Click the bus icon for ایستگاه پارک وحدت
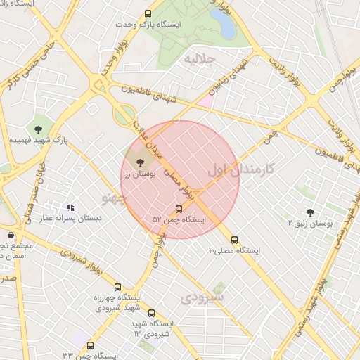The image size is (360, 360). pyautogui.click(x=148, y=14)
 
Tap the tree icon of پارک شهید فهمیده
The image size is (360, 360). pyautogui.click(x=37, y=128)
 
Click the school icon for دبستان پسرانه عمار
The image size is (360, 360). pyautogui.click(x=70, y=207)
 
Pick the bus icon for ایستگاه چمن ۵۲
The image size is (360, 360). pyautogui.click(x=179, y=209)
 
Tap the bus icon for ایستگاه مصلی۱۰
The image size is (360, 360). pyautogui.click(x=234, y=239)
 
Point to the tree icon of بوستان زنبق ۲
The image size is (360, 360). pyautogui.click(x=310, y=212)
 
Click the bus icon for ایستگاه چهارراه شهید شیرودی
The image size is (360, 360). pyautogui.click(x=117, y=287)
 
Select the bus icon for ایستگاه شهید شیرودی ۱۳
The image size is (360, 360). pyautogui.click(x=151, y=314)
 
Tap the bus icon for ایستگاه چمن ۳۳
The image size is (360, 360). pyautogui.click(x=90, y=345)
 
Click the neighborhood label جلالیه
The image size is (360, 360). pyautogui.click(x=198, y=59)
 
